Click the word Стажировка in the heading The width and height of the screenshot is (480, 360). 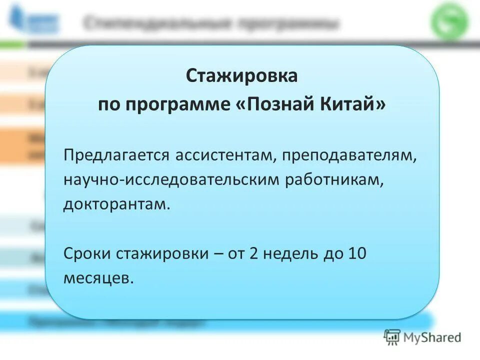(242, 77)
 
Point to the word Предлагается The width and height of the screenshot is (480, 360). (116, 155)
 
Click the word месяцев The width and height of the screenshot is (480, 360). (98, 277)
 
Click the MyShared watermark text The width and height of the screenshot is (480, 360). (432, 337)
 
